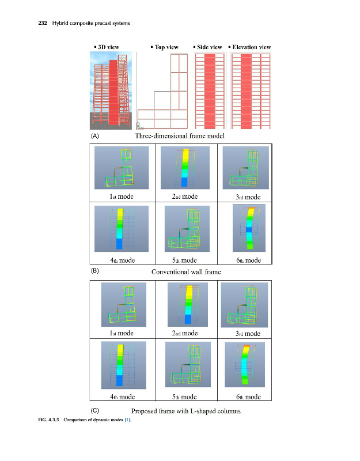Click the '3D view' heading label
(x=108, y=47)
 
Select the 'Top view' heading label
(x=165, y=47)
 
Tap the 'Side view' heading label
(x=209, y=47)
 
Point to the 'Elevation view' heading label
(x=251, y=47)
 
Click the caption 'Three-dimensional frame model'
(x=179, y=136)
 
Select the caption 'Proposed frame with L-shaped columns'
(x=186, y=411)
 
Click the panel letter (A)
(x=96, y=137)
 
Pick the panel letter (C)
(x=96, y=410)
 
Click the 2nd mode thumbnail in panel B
(x=185, y=167)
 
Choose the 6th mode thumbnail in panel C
(x=246, y=365)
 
